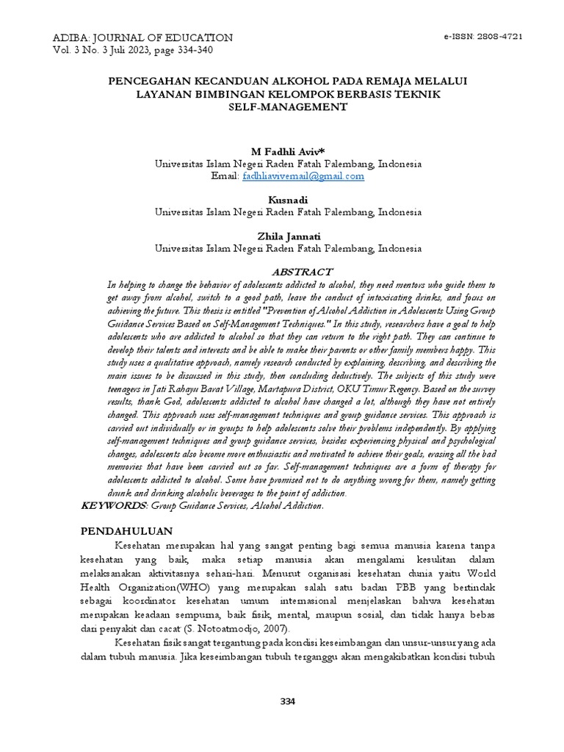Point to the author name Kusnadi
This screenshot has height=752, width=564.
click(x=289, y=200)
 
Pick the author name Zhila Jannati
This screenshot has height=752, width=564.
click(x=289, y=236)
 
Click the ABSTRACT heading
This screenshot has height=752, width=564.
click(x=302, y=272)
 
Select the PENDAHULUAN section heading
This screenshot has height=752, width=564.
click(x=126, y=530)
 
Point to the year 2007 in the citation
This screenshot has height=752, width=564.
click(x=273, y=629)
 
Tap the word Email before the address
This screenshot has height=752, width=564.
click(x=224, y=176)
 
